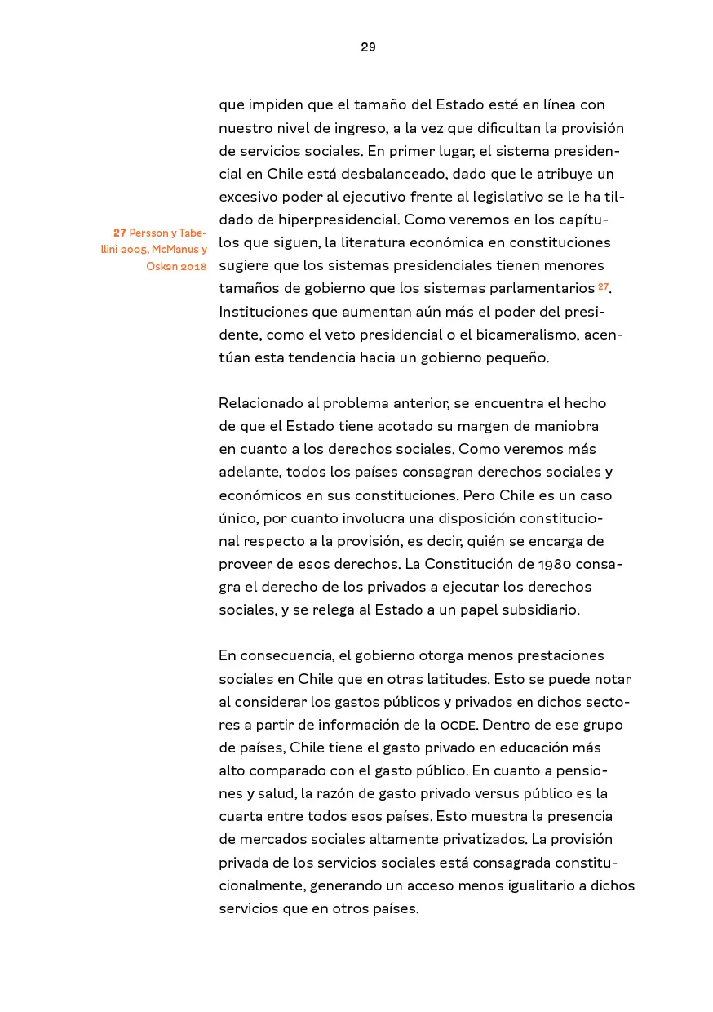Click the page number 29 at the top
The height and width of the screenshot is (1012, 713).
tap(368, 47)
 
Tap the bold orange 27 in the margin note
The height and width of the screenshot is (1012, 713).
tap(119, 233)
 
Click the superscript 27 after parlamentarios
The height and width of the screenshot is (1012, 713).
tap(603, 286)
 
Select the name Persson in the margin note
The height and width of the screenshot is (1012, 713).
tap(148, 233)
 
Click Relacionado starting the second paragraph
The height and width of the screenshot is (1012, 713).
tap(268, 403)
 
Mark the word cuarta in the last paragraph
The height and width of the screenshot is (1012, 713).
tap(241, 816)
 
